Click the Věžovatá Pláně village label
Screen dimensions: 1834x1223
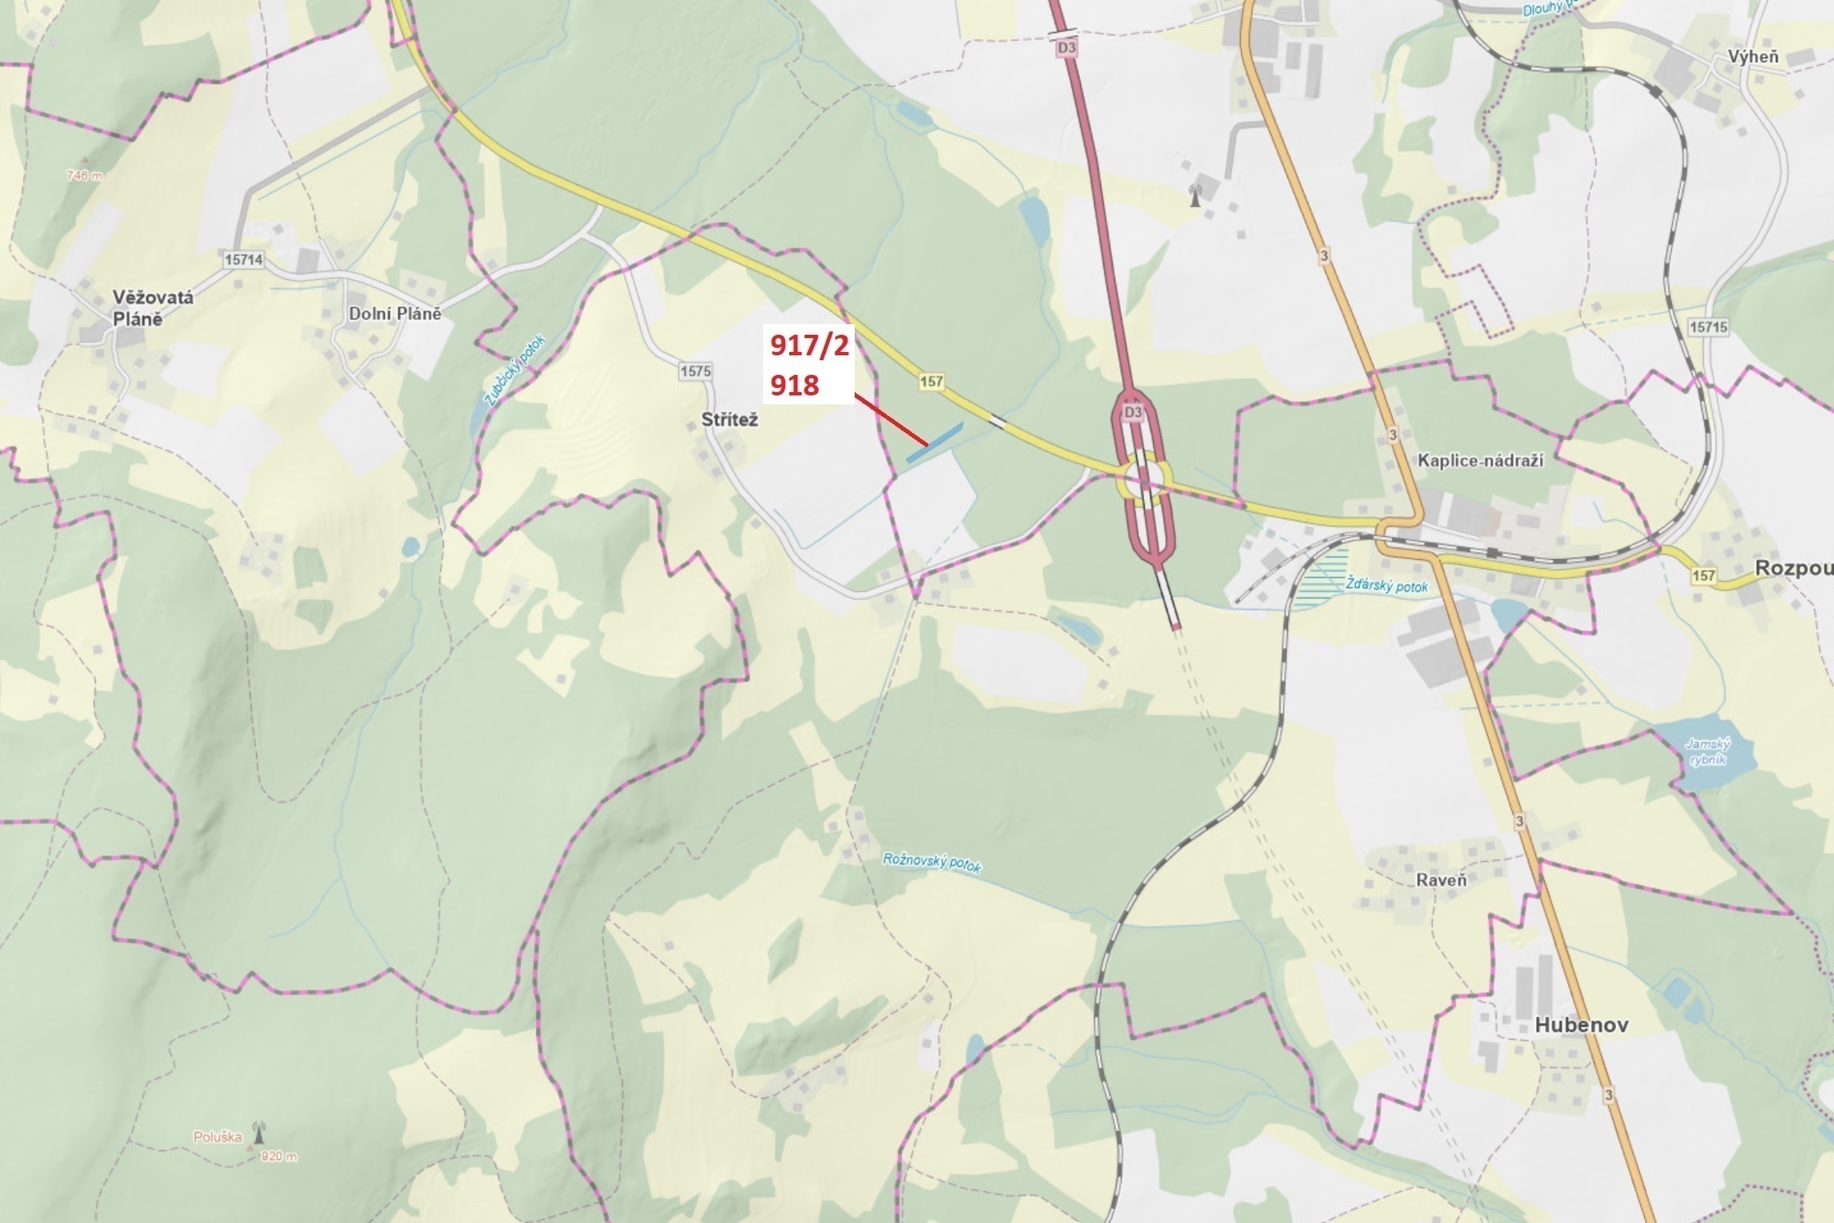153,308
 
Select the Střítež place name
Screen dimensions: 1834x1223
730,419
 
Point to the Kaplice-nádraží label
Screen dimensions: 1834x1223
1479,460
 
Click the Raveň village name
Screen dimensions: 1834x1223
1441,880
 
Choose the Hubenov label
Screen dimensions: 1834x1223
1581,1025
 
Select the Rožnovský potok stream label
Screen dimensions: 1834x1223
932,862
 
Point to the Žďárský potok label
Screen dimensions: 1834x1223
1387,586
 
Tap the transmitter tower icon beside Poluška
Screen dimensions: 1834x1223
260,1131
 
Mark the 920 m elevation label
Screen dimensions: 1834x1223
278,1157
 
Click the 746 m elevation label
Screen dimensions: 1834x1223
84,175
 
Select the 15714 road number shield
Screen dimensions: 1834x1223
243,259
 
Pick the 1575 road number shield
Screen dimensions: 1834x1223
694,371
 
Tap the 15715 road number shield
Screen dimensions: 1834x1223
1708,327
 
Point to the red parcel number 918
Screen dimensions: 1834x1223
794,383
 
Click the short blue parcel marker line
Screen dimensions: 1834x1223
934,443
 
